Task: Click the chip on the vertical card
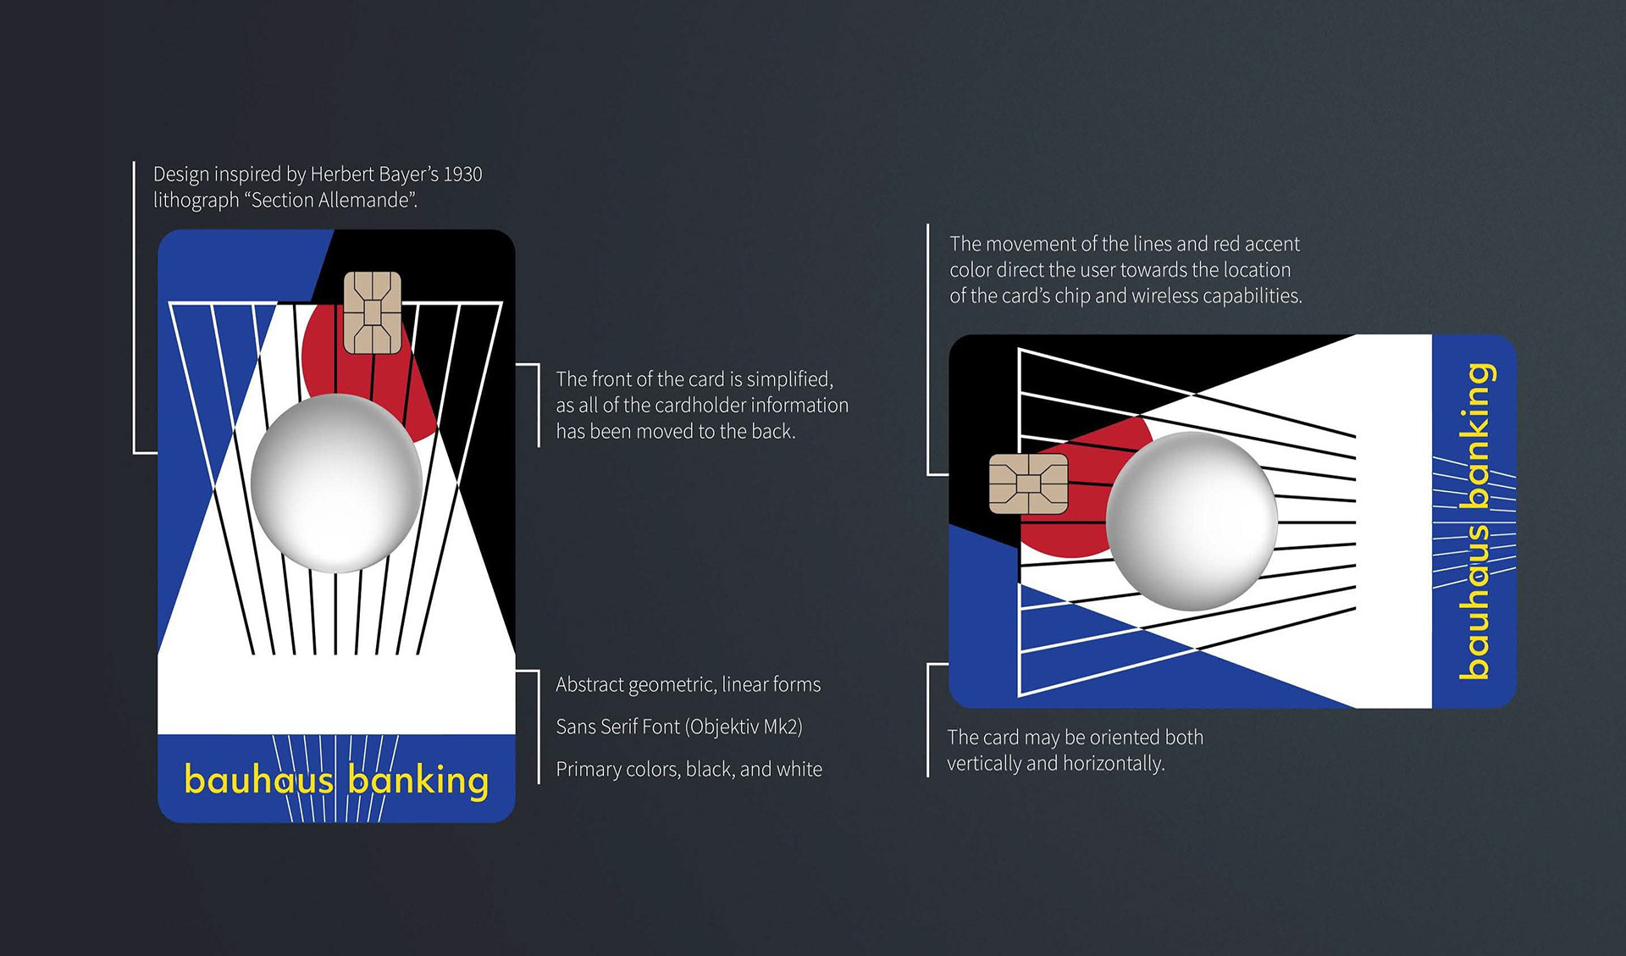[x=372, y=312]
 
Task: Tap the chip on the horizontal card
[x=1028, y=484]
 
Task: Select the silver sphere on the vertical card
[x=336, y=483]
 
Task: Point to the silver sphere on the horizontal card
[x=1192, y=520]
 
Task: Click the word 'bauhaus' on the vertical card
[x=258, y=780]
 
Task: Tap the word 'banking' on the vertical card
[x=418, y=780]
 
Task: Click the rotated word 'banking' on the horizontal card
[x=1477, y=435]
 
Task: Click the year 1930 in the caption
[x=462, y=174]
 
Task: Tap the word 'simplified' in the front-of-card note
[x=788, y=379]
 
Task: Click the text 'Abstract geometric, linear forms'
[x=688, y=684]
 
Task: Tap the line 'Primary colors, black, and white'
[x=689, y=769]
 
